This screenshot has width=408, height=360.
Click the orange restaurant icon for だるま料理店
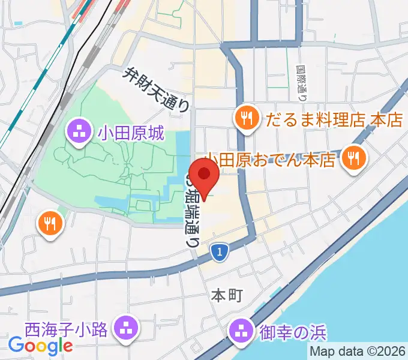coord(247,116)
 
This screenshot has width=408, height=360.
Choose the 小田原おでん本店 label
coord(269,161)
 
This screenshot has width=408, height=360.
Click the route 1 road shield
coord(220,253)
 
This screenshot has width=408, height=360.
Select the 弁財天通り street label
coord(157,90)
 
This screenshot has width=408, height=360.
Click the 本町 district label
coord(226,295)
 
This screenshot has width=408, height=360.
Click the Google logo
coord(40,346)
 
